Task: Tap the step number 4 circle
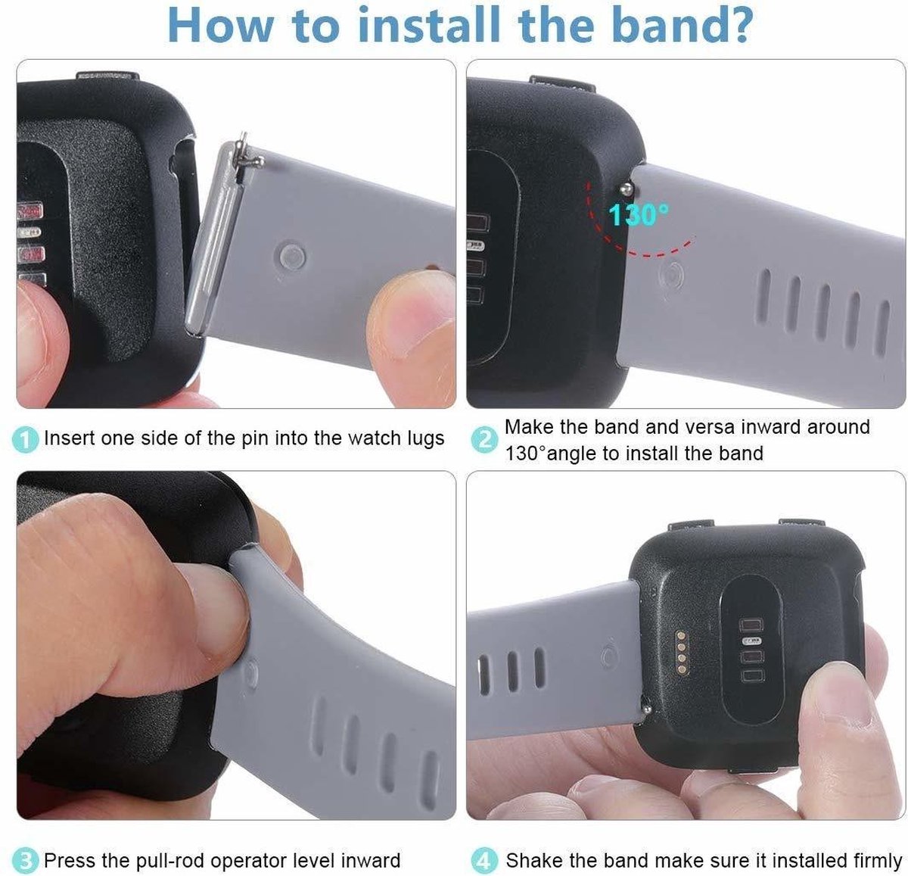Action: (484, 860)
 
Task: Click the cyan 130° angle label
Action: (639, 215)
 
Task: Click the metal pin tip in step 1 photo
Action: (243, 139)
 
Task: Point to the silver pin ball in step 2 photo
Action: (627, 189)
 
